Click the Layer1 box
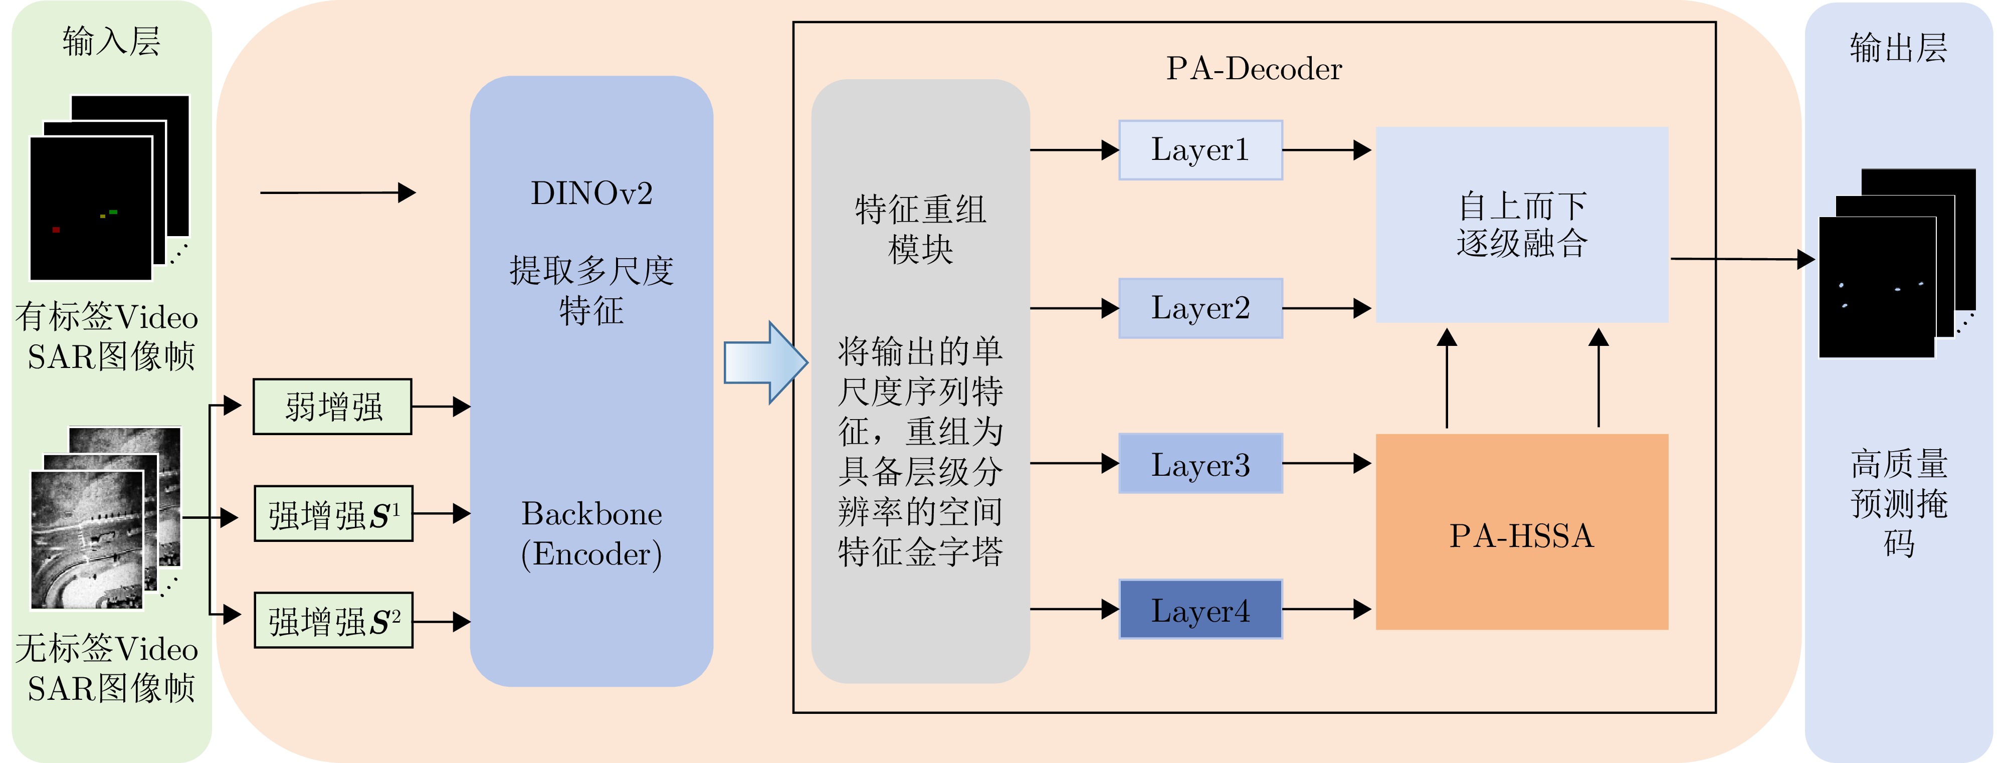pos(1200,150)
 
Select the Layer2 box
pos(1200,308)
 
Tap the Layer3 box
pos(1200,464)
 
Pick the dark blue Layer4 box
pos(1200,609)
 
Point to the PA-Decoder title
pos(1254,69)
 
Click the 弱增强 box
pos(333,407)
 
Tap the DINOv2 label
pos(591,193)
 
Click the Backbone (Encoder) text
pos(591,533)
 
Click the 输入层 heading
pos(111,41)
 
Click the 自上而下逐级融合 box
pos(1521,225)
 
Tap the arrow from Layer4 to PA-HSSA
pos(1326,609)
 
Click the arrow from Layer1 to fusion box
pos(1326,150)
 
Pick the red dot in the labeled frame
pos(56,230)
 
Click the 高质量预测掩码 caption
pos(1899,503)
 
